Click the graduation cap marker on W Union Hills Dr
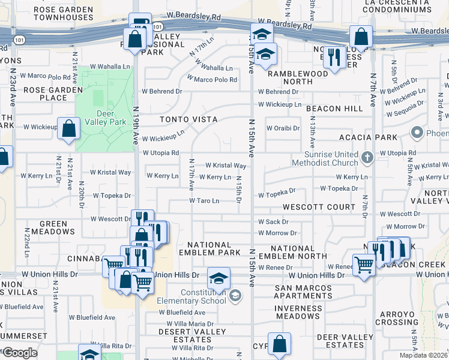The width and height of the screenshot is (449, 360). (219, 278)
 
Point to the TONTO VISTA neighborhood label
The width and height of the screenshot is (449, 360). (188, 119)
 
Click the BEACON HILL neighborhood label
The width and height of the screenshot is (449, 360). (334, 109)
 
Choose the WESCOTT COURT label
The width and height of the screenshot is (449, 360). (319, 207)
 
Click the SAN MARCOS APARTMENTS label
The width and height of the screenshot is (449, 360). (303, 292)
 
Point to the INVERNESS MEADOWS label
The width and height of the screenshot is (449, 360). (298, 312)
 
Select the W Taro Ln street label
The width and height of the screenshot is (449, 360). (204, 201)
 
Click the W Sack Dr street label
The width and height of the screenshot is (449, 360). (273, 222)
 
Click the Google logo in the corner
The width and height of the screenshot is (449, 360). (20, 353)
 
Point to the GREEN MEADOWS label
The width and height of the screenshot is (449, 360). (58, 227)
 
